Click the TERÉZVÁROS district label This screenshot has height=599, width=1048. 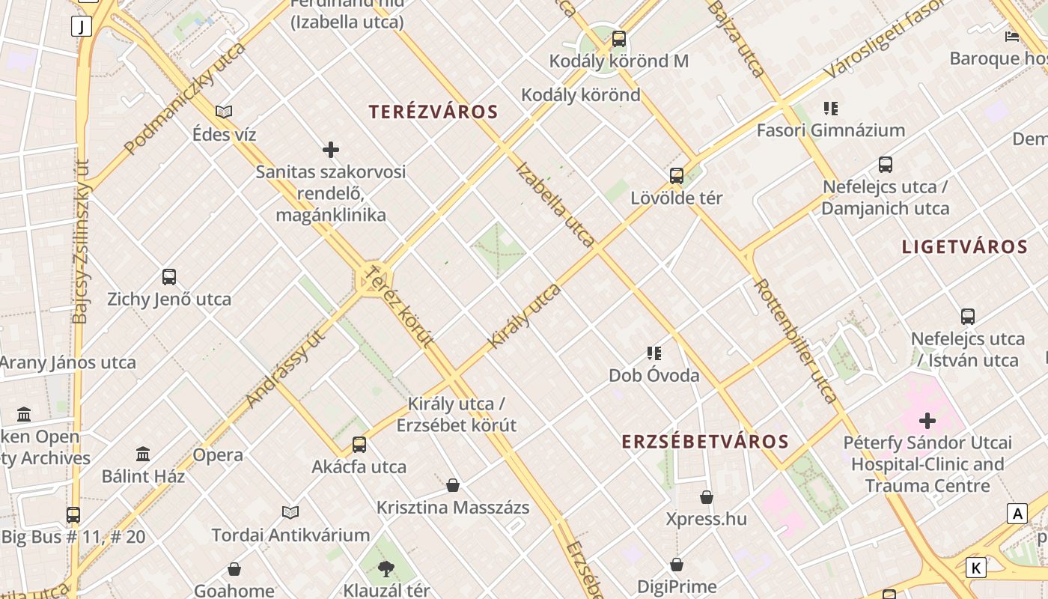[x=433, y=112]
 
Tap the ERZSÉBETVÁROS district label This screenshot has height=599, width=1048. [x=705, y=442]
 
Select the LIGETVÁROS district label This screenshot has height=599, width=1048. [x=964, y=247]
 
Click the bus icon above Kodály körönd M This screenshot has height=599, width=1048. [x=619, y=39]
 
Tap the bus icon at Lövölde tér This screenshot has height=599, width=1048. [x=677, y=176]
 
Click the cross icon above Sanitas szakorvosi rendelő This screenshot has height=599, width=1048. [x=331, y=150]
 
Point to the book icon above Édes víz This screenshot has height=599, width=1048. [x=224, y=112]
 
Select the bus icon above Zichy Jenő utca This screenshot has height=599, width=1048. [x=169, y=277]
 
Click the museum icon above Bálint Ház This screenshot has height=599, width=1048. [x=143, y=454]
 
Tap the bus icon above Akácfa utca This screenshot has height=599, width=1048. [x=359, y=445]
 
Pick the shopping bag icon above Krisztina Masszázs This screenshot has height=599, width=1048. [x=453, y=485]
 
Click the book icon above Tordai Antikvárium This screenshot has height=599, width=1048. [x=290, y=513]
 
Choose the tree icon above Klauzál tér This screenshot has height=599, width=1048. [x=386, y=569]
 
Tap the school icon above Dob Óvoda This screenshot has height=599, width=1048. [x=654, y=353]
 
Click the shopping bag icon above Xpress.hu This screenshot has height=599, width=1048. [x=706, y=496]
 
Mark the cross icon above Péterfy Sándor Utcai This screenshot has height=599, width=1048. [x=927, y=421]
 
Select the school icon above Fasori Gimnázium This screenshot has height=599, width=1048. [x=830, y=109]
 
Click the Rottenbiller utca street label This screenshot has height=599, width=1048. [x=795, y=341]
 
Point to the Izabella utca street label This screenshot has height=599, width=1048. [x=555, y=204]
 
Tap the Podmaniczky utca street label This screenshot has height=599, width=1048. [x=186, y=98]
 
